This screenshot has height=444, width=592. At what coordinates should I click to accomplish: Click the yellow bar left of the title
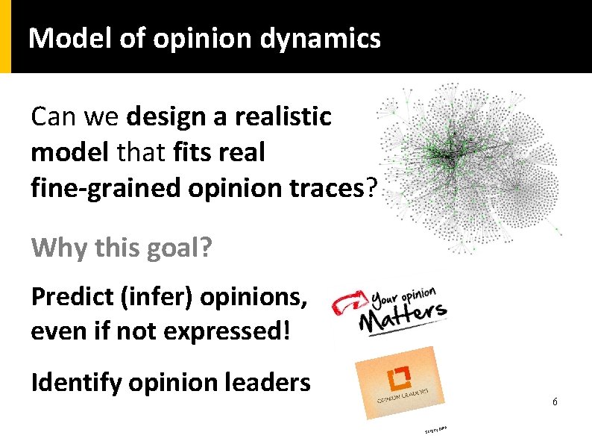[x=5, y=37]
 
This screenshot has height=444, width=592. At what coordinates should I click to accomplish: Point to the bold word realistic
[x=283, y=116]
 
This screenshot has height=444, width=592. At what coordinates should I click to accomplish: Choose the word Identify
[x=76, y=382]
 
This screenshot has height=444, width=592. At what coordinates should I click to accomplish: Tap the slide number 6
[x=555, y=402]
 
